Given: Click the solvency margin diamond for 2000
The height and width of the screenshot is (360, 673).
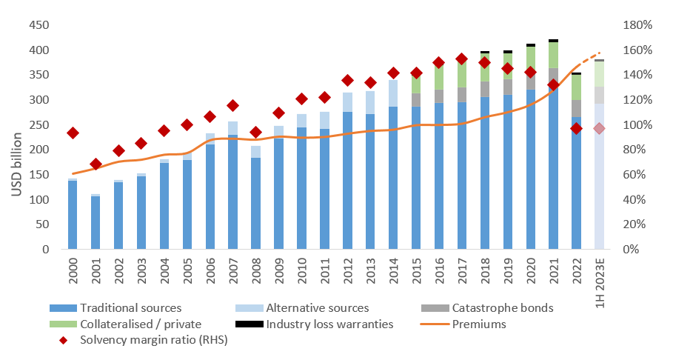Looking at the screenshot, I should coord(73,133).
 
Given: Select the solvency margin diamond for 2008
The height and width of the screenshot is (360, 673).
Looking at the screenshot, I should coord(255,133).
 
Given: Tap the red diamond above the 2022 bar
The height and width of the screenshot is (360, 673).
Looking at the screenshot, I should coord(576,128).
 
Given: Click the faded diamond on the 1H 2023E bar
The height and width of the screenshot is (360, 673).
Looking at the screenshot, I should coord(599,128).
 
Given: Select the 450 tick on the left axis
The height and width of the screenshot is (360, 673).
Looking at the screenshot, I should coord(39,25).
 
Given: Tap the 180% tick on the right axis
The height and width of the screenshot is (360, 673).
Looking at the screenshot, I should coord(636,25).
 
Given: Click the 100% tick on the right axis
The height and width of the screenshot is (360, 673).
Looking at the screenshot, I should coord(636,125).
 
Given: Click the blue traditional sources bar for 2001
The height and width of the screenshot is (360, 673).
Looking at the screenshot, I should coord(96,222).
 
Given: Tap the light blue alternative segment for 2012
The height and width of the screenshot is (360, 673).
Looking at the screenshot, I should coord(347,102).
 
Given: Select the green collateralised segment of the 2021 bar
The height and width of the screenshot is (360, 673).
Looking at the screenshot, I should coord(553,56).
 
